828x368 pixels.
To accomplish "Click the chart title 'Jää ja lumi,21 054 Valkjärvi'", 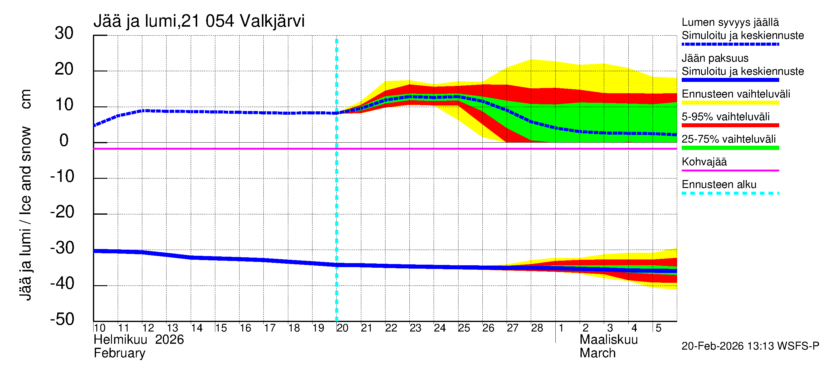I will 199,21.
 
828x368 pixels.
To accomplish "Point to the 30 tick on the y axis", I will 64,33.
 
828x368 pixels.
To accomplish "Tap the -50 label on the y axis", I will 62,319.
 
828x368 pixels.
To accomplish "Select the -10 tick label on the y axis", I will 62,176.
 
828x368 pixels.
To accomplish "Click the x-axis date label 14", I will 197,328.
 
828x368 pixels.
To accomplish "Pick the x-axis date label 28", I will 537,328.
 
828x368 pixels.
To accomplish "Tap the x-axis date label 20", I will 342,328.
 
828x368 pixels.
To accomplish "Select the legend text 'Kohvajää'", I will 704,162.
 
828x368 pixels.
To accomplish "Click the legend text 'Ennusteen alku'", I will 719,185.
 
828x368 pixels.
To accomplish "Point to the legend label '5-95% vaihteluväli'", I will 726,117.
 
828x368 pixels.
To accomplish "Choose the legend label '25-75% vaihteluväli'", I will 728,139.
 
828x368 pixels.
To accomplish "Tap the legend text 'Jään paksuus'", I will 715,58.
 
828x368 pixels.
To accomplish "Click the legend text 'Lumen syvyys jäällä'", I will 730,22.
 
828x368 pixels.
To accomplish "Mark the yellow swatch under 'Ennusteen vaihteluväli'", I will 730,103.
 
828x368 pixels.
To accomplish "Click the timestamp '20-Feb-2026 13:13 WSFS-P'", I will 750,346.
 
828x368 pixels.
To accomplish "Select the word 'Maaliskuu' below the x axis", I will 608,340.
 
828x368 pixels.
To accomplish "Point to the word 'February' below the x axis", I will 119,353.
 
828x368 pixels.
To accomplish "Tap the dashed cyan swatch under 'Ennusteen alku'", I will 730,194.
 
